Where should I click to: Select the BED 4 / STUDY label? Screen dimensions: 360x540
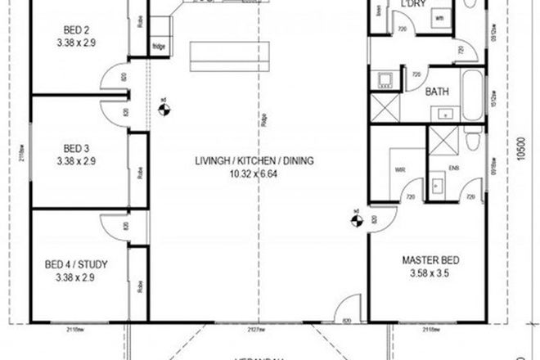78,264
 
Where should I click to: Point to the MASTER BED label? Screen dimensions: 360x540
430,261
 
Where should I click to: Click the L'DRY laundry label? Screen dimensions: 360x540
410,4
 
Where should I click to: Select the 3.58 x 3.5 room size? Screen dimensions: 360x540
430,274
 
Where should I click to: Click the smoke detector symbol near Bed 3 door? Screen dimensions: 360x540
164,106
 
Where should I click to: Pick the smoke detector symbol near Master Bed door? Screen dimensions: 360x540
356,218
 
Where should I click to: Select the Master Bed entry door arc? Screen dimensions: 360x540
380,221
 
